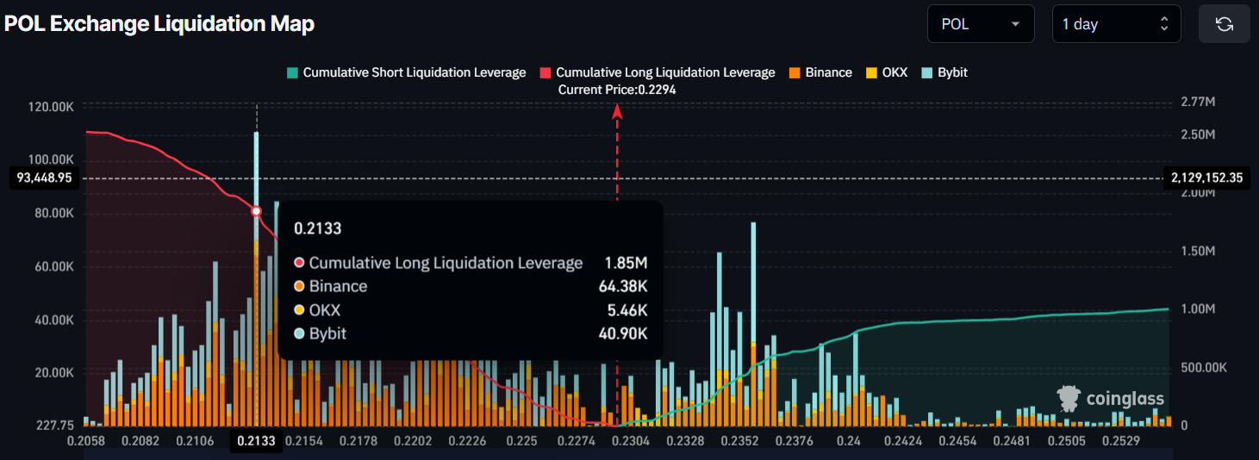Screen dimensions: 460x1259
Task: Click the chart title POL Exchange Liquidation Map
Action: pos(159,24)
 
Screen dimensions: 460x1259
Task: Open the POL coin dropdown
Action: pos(980,24)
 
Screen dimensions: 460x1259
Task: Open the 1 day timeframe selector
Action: pos(1115,24)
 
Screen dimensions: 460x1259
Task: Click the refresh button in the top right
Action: pos(1224,24)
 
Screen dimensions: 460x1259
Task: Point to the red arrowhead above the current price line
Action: pos(617,110)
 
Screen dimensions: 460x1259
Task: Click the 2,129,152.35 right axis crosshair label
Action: pos(1206,178)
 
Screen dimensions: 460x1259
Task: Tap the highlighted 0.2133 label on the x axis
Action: pos(256,441)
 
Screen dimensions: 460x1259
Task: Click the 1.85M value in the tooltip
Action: pos(626,263)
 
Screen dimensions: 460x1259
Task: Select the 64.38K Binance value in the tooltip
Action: pos(623,286)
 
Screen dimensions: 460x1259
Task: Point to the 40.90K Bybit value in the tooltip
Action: pos(623,333)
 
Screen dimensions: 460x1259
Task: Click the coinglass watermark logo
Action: pos(1111,398)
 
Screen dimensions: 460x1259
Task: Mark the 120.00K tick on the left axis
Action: pos(51,107)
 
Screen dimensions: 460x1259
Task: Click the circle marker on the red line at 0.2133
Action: pos(256,211)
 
